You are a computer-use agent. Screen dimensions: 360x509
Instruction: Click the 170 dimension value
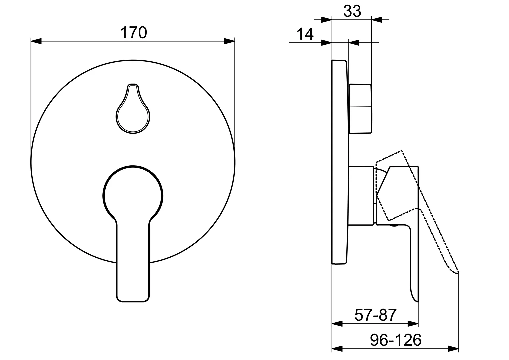[133, 33]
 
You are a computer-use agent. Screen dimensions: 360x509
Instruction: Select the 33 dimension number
[352, 12]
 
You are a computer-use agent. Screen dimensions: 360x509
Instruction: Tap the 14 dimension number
[305, 34]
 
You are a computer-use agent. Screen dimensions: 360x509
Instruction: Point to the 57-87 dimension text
[375, 315]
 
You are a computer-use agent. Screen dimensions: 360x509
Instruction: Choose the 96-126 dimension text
[396, 340]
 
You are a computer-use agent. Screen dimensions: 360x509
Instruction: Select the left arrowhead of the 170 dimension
[36, 41]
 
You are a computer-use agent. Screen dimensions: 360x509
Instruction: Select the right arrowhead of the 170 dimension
[229, 41]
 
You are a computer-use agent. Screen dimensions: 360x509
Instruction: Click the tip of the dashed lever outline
[458, 273]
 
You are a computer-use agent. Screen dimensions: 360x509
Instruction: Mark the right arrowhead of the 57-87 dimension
[413, 323]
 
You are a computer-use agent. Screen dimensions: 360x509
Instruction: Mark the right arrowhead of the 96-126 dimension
[454, 349]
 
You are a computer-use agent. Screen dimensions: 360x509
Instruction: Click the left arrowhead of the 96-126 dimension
[338, 349]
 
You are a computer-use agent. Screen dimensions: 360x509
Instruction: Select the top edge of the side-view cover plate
[339, 61]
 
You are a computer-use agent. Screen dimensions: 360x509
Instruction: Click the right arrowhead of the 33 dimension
[377, 20]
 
